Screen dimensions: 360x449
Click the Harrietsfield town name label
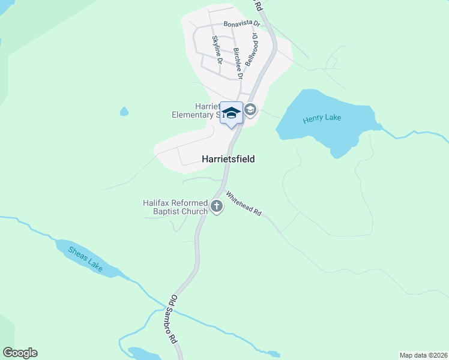click(x=228, y=159)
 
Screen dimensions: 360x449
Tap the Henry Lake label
click(x=322, y=118)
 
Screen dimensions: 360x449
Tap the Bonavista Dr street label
click(x=241, y=24)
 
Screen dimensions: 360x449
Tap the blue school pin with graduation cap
click(x=232, y=113)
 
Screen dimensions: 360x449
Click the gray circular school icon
click(x=250, y=110)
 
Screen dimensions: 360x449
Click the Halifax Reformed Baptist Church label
click(x=175, y=207)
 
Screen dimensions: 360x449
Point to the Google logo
click(x=20, y=353)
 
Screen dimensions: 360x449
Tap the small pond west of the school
click(x=124, y=112)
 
